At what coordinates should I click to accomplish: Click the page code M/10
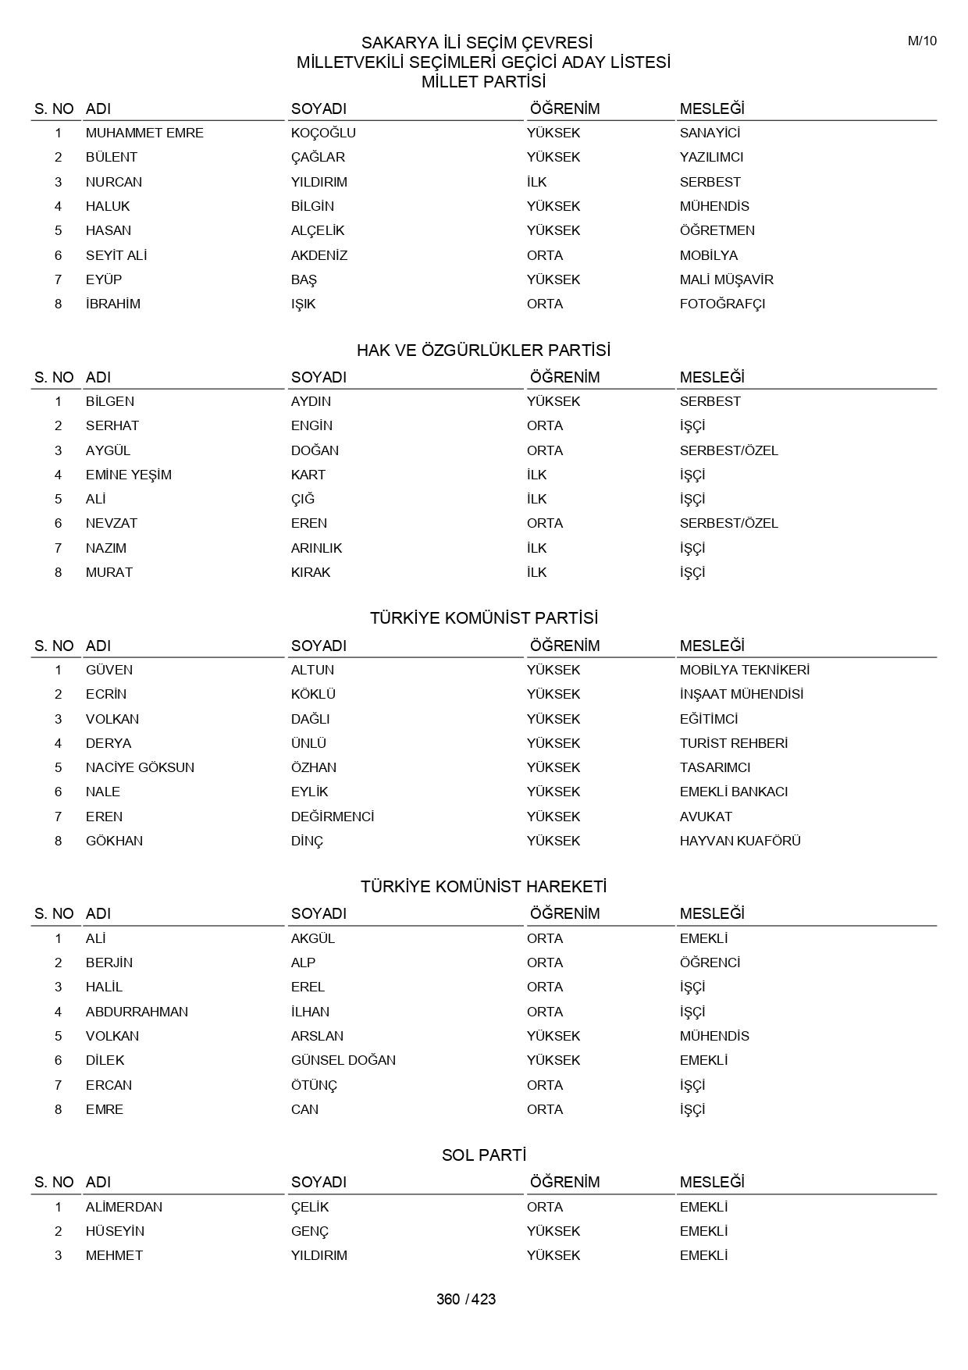tap(921, 41)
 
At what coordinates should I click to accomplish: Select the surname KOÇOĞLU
tap(323, 133)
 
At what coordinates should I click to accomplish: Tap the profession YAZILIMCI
tap(711, 157)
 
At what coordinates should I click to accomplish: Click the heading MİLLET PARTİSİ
tap(483, 82)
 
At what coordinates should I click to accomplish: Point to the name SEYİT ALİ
tap(116, 255)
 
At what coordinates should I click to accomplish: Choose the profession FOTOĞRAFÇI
tap(722, 304)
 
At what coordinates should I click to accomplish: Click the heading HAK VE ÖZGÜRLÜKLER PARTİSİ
tap(483, 351)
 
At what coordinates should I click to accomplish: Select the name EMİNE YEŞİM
tap(128, 475)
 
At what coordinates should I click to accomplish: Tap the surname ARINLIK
tap(316, 548)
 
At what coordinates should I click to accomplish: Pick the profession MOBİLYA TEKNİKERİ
tap(744, 670)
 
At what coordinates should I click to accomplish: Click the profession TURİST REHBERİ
tap(733, 743)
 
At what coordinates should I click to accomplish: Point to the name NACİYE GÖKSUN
tap(140, 767)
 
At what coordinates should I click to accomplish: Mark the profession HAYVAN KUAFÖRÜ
tap(740, 841)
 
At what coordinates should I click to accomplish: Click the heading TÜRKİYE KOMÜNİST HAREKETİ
tap(483, 887)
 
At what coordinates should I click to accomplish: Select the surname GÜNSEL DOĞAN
tap(343, 1060)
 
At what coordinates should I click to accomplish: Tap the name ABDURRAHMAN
tap(137, 1012)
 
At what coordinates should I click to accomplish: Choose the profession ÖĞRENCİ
tap(710, 963)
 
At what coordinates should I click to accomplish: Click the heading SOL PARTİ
tap(483, 1155)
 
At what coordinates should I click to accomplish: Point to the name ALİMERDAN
tap(124, 1207)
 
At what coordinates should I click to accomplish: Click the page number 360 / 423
tap(466, 1299)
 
